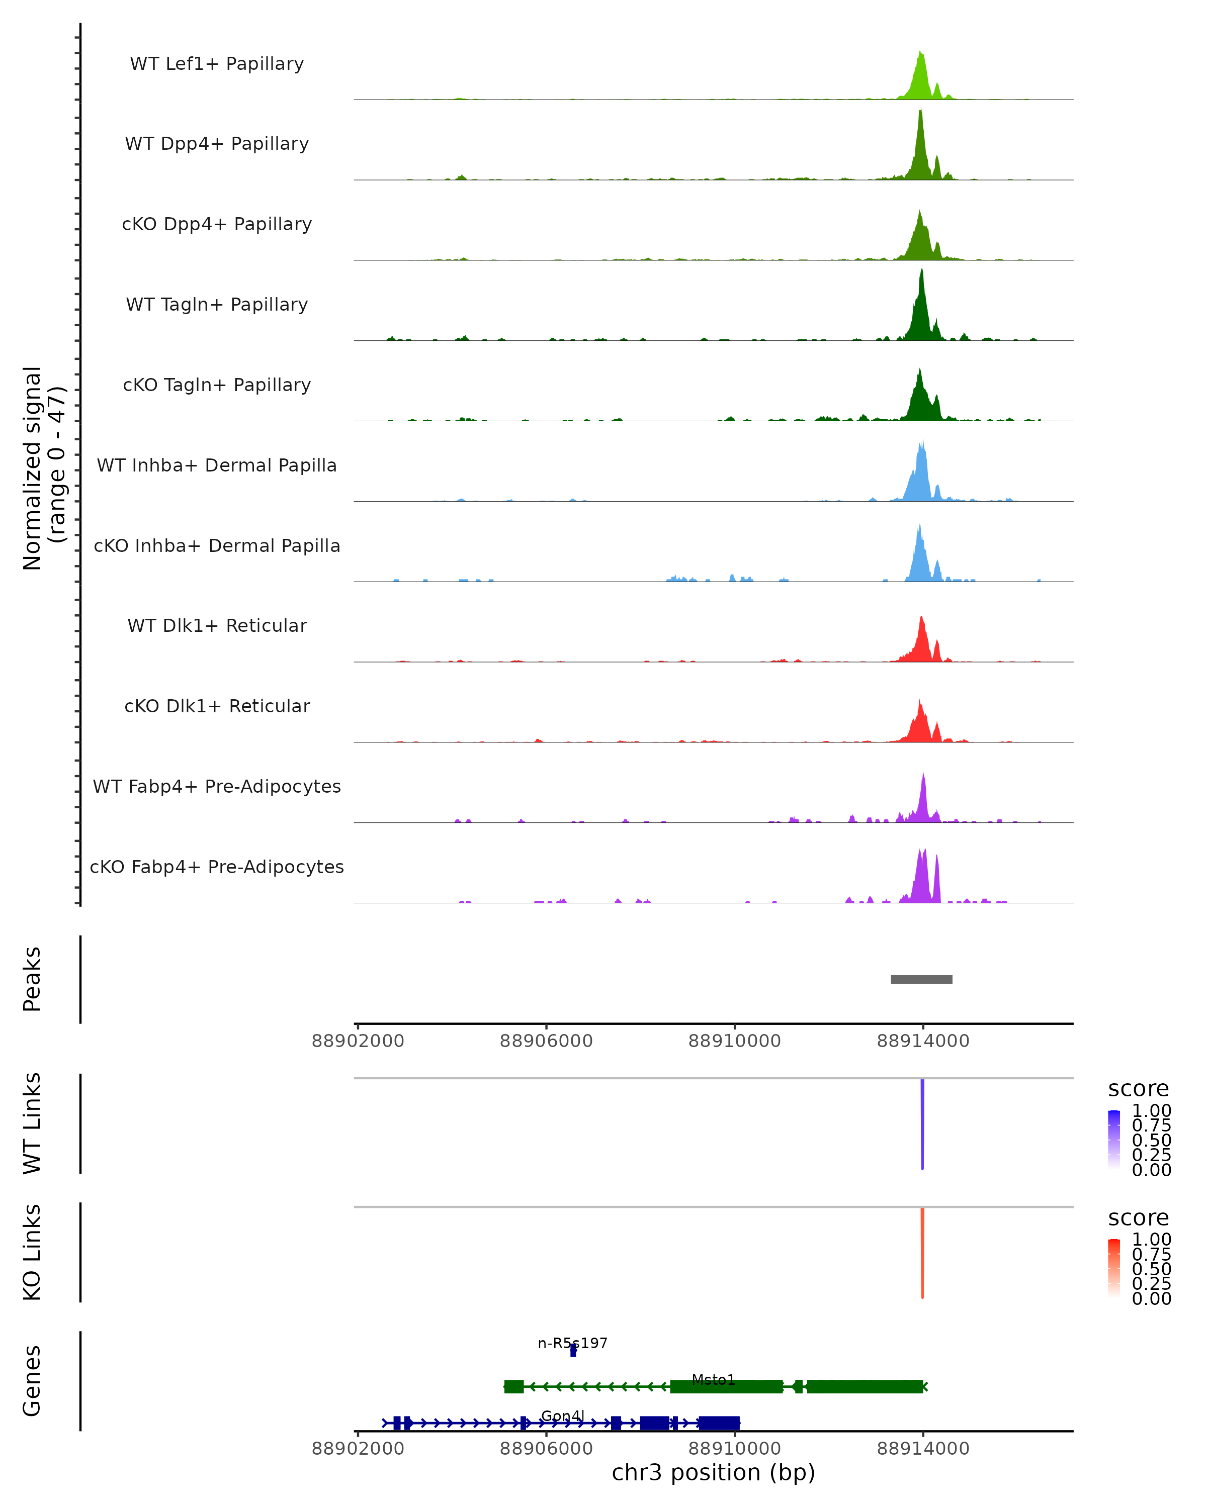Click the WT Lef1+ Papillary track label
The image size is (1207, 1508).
click(217, 64)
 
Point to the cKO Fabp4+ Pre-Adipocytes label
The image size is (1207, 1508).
click(217, 867)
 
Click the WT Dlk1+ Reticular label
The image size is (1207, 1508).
click(217, 625)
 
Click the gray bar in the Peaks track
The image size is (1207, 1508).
click(921, 979)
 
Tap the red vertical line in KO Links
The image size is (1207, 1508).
click(922, 1253)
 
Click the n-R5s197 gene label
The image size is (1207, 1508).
click(572, 1343)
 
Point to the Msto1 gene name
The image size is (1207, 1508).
click(713, 1380)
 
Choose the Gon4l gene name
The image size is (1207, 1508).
click(563, 1417)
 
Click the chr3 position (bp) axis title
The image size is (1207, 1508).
click(713, 1472)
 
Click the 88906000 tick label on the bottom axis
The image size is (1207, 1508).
click(546, 1448)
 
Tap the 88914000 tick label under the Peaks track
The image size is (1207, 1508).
click(922, 1041)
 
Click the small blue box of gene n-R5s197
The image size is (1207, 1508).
click(573, 1351)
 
